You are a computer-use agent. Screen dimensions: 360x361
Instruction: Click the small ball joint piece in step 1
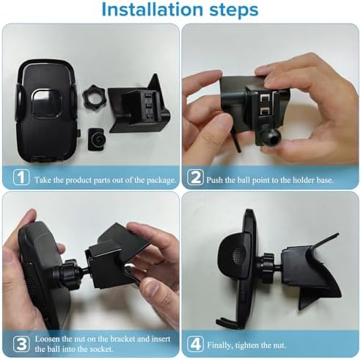pyautogui.click(x=95, y=137)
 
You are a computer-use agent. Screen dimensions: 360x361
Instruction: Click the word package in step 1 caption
pyautogui.click(x=158, y=179)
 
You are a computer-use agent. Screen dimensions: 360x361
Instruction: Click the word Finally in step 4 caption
pyautogui.click(x=227, y=342)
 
